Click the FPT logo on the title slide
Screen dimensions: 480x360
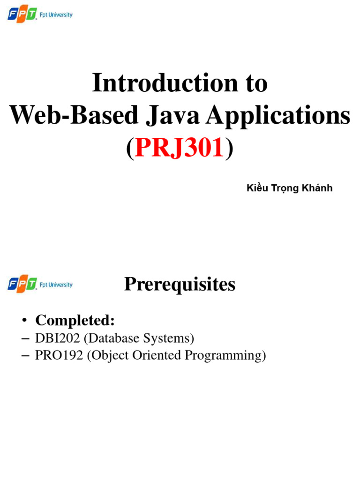point(22,15)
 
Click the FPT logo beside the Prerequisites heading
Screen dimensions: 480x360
point(22,285)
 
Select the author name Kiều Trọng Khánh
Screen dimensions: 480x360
point(289,188)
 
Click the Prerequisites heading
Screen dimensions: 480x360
point(180,285)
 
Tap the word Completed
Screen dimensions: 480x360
point(75,321)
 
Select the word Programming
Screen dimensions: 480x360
point(225,356)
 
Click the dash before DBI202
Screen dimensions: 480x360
point(26,338)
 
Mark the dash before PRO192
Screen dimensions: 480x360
point(26,356)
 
